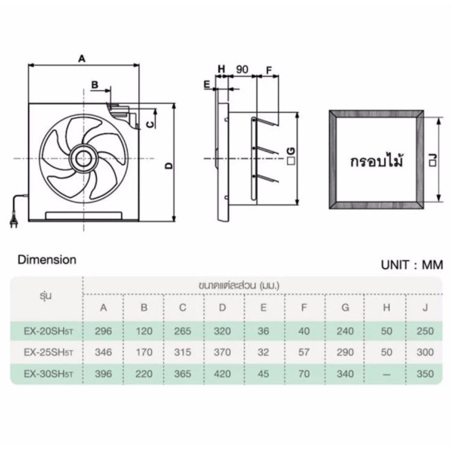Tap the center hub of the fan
[x=84, y=159]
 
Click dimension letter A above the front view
[x=82, y=59]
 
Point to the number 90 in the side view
[x=242, y=69]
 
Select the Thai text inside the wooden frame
[x=376, y=161]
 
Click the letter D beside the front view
[x=169, y=166]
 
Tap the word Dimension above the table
[x=47, y=260]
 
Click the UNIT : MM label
[x=412, y=265]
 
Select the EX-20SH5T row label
[x=48, y=331]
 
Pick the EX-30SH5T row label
[x=48, y=374]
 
